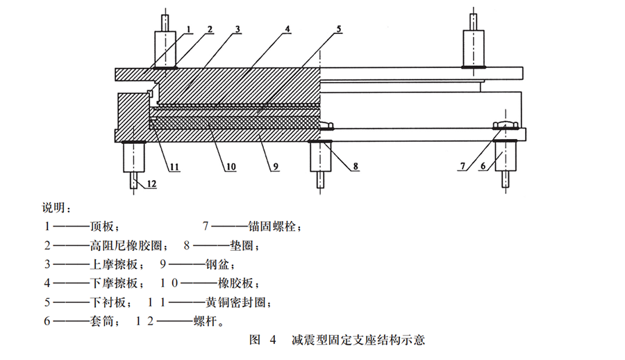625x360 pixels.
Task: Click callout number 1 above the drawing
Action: coord(187,28)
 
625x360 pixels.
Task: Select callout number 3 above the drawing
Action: coord(237,28)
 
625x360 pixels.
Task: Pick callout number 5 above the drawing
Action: coord(338,28)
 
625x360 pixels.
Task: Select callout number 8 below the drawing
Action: coord(355,167)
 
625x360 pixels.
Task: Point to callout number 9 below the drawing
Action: coord(276,167)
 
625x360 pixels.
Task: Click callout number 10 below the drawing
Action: coord(230,167)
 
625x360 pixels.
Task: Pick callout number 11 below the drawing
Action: coord(174,167)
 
